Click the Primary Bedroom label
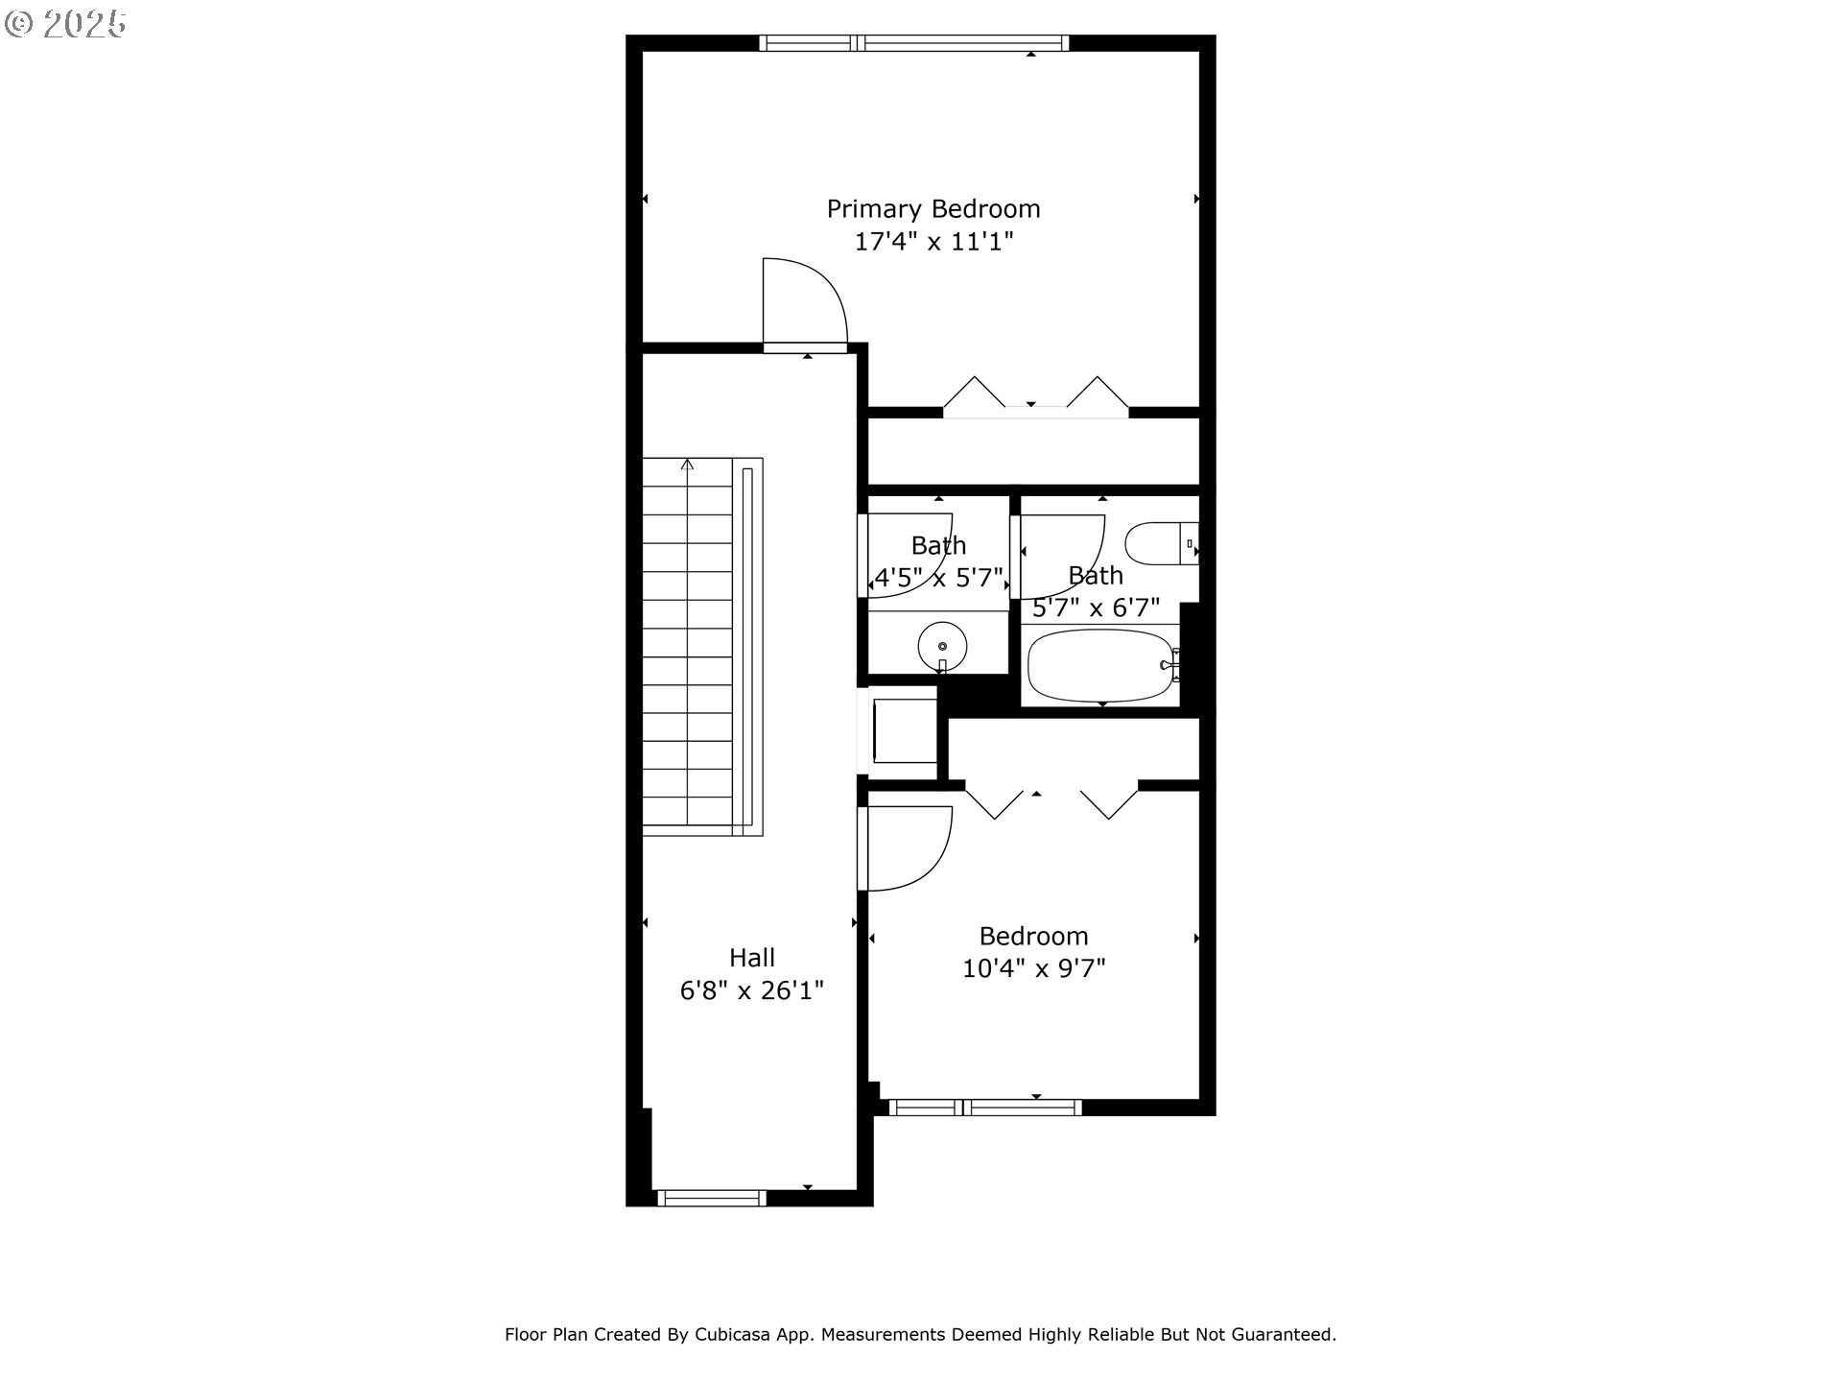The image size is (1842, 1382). (x=933, y=208)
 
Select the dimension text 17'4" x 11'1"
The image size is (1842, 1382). (x=933, y=241)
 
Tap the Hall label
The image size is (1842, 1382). (x=751, y=957)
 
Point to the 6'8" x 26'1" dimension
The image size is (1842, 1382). (x=751, y=989)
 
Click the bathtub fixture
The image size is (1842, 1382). (x=1099, y=665)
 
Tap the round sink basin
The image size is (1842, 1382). (x=942, y=647)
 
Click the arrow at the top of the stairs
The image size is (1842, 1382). (x=687, y=465)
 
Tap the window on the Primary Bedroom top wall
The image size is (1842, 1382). (x=912, y=42)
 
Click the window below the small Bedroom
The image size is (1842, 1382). (x=985, y=1108)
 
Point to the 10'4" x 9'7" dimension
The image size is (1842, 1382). (x=1033, y=968)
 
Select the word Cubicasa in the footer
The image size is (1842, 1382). (x=737, y=1334)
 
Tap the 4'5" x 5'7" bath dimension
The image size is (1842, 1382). (x=937, y=579)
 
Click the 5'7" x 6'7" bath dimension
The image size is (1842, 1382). (x=1096, y=608)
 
